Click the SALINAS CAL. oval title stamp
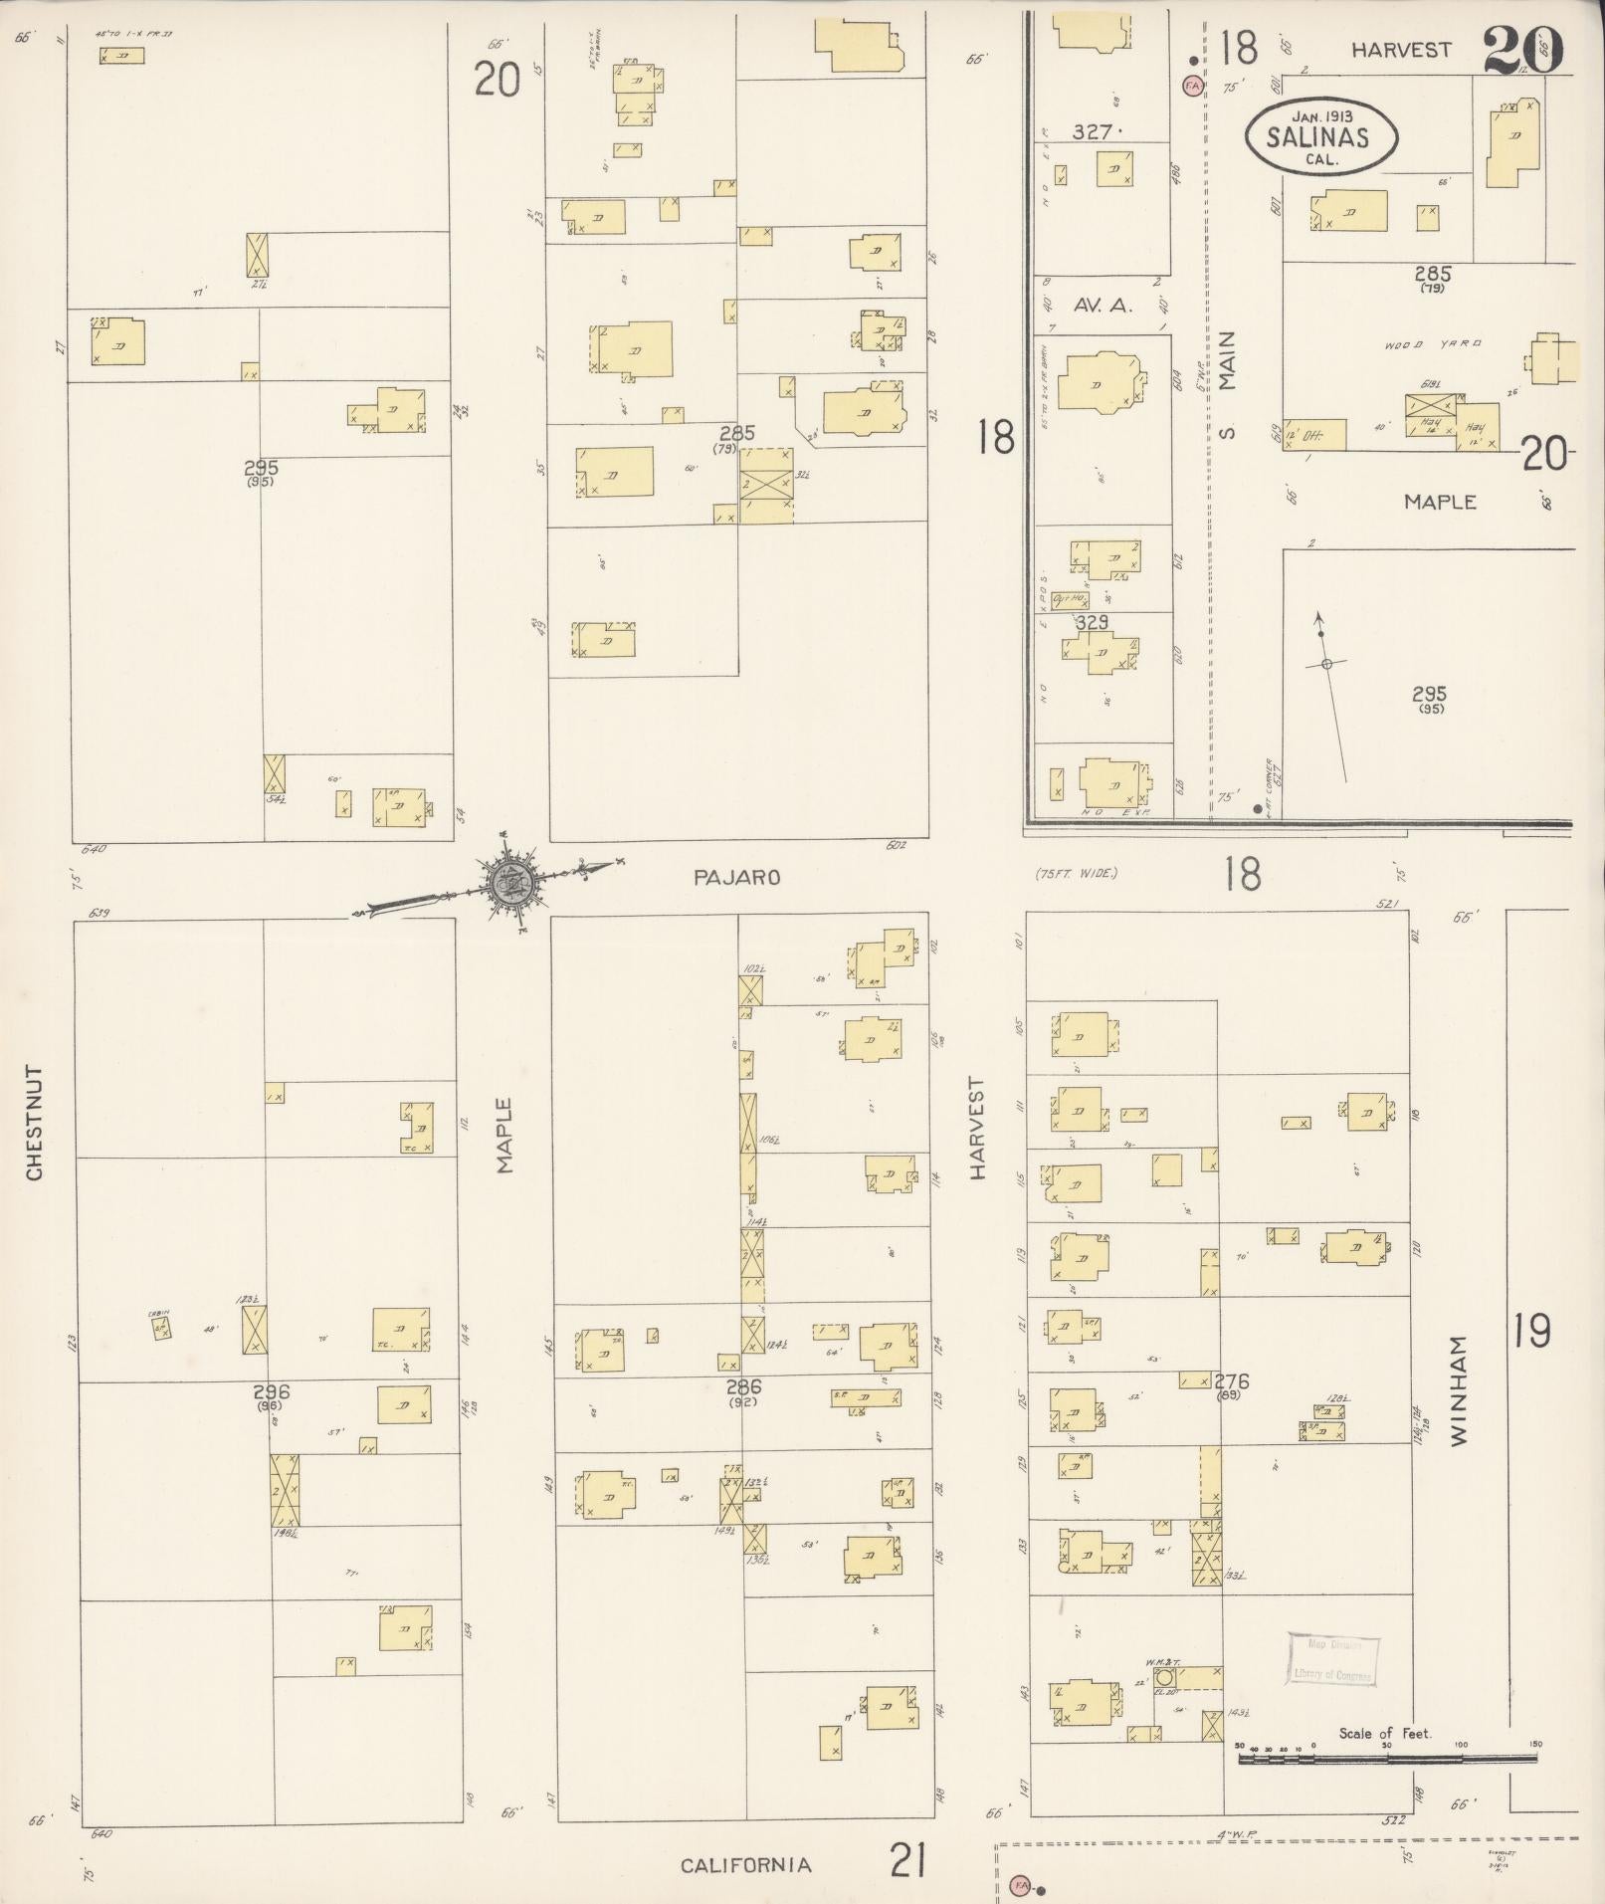pos(1319,136)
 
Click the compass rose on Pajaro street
pos(510,879)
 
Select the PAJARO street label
pos(737,878)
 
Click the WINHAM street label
pos(1460,1390)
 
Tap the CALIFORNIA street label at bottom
pos(746,1865)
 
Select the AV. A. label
pos(1102,306)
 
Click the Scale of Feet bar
pos(1388,1760)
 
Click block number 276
pos(1232,1381)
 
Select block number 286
pos(743,1386)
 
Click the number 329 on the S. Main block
pos(1092,622)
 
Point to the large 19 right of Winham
pos(1532,1330)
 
